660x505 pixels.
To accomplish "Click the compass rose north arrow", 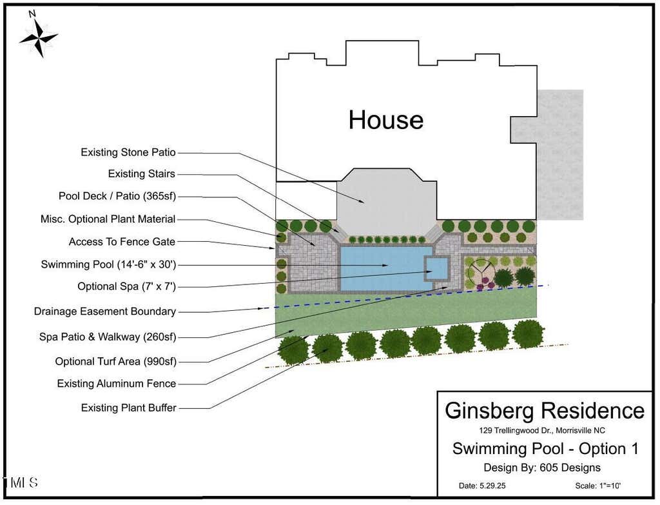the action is pos(38,37).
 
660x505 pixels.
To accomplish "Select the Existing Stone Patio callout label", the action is pos(128,152).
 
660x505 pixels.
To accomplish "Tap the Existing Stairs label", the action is pos(141,173).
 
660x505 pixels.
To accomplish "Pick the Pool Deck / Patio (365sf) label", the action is pos(117,196).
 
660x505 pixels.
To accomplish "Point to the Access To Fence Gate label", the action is pos(122,242).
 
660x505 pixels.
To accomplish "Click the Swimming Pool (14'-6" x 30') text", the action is pos(108,264).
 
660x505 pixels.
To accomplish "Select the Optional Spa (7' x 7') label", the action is pos(126,286).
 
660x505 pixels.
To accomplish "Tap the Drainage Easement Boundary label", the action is pos(105,312).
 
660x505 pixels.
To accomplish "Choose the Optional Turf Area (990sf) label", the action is pos(116,361).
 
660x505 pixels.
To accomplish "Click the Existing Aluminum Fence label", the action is pos(117,384).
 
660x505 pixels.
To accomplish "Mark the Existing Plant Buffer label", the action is pos(128,408).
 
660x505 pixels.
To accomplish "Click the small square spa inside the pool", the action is pos(436,268).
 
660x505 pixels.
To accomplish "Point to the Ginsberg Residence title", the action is pos(545,411).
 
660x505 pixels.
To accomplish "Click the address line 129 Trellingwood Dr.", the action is pos(541,430).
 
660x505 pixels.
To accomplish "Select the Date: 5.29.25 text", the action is pos(482,486).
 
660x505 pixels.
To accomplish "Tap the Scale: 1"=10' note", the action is pos(597,486).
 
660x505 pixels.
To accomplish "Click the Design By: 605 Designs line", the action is pos(541,468).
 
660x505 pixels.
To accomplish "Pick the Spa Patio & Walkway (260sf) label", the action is pos(108,337).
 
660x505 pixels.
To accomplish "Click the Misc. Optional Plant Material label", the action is pos(108,219).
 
